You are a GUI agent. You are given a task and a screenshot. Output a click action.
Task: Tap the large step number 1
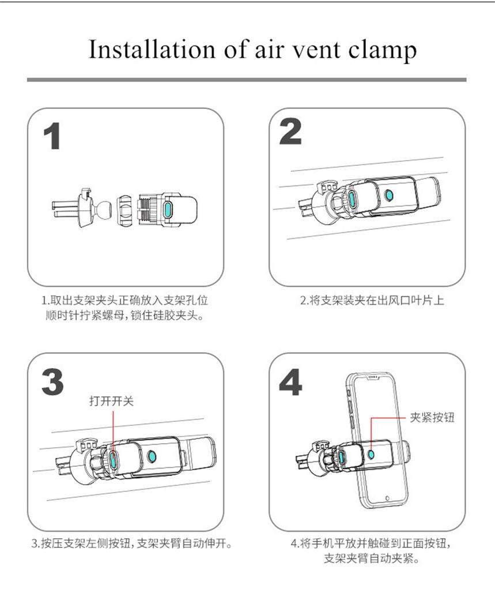[51, 136]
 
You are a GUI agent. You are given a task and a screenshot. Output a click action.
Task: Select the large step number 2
[290, 132]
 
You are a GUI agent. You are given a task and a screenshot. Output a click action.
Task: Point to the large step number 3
[52, 381]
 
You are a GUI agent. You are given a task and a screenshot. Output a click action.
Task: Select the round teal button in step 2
[389, 195]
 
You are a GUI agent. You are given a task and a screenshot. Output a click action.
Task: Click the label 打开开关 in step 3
[111, 401]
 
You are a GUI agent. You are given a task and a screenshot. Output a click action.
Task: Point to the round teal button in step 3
[152, 456]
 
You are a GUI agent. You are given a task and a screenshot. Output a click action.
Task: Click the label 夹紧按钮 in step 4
[432, 417]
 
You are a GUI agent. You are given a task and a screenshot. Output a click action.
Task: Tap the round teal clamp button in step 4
[371, 455]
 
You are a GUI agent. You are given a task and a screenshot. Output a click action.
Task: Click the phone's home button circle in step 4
[388, 498]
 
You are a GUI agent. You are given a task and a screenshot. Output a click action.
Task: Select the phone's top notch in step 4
[373, 377]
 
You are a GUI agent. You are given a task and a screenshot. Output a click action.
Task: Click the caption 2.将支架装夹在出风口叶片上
[372, 301]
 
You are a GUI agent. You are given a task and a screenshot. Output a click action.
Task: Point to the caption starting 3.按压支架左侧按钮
[131, 543]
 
